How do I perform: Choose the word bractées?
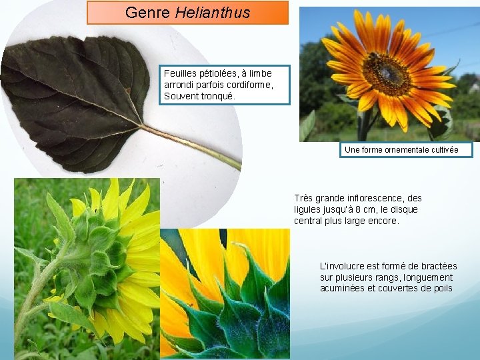pyautogui.click(x=435, y=266)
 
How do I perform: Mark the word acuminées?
pyautogui.click(x=343, y=289)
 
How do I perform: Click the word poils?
pyautogui.click(x=441, y=289)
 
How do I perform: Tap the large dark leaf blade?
pyautogui.click(x=73, y=87)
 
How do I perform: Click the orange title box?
pyautogui.click(x=187, y=13)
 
